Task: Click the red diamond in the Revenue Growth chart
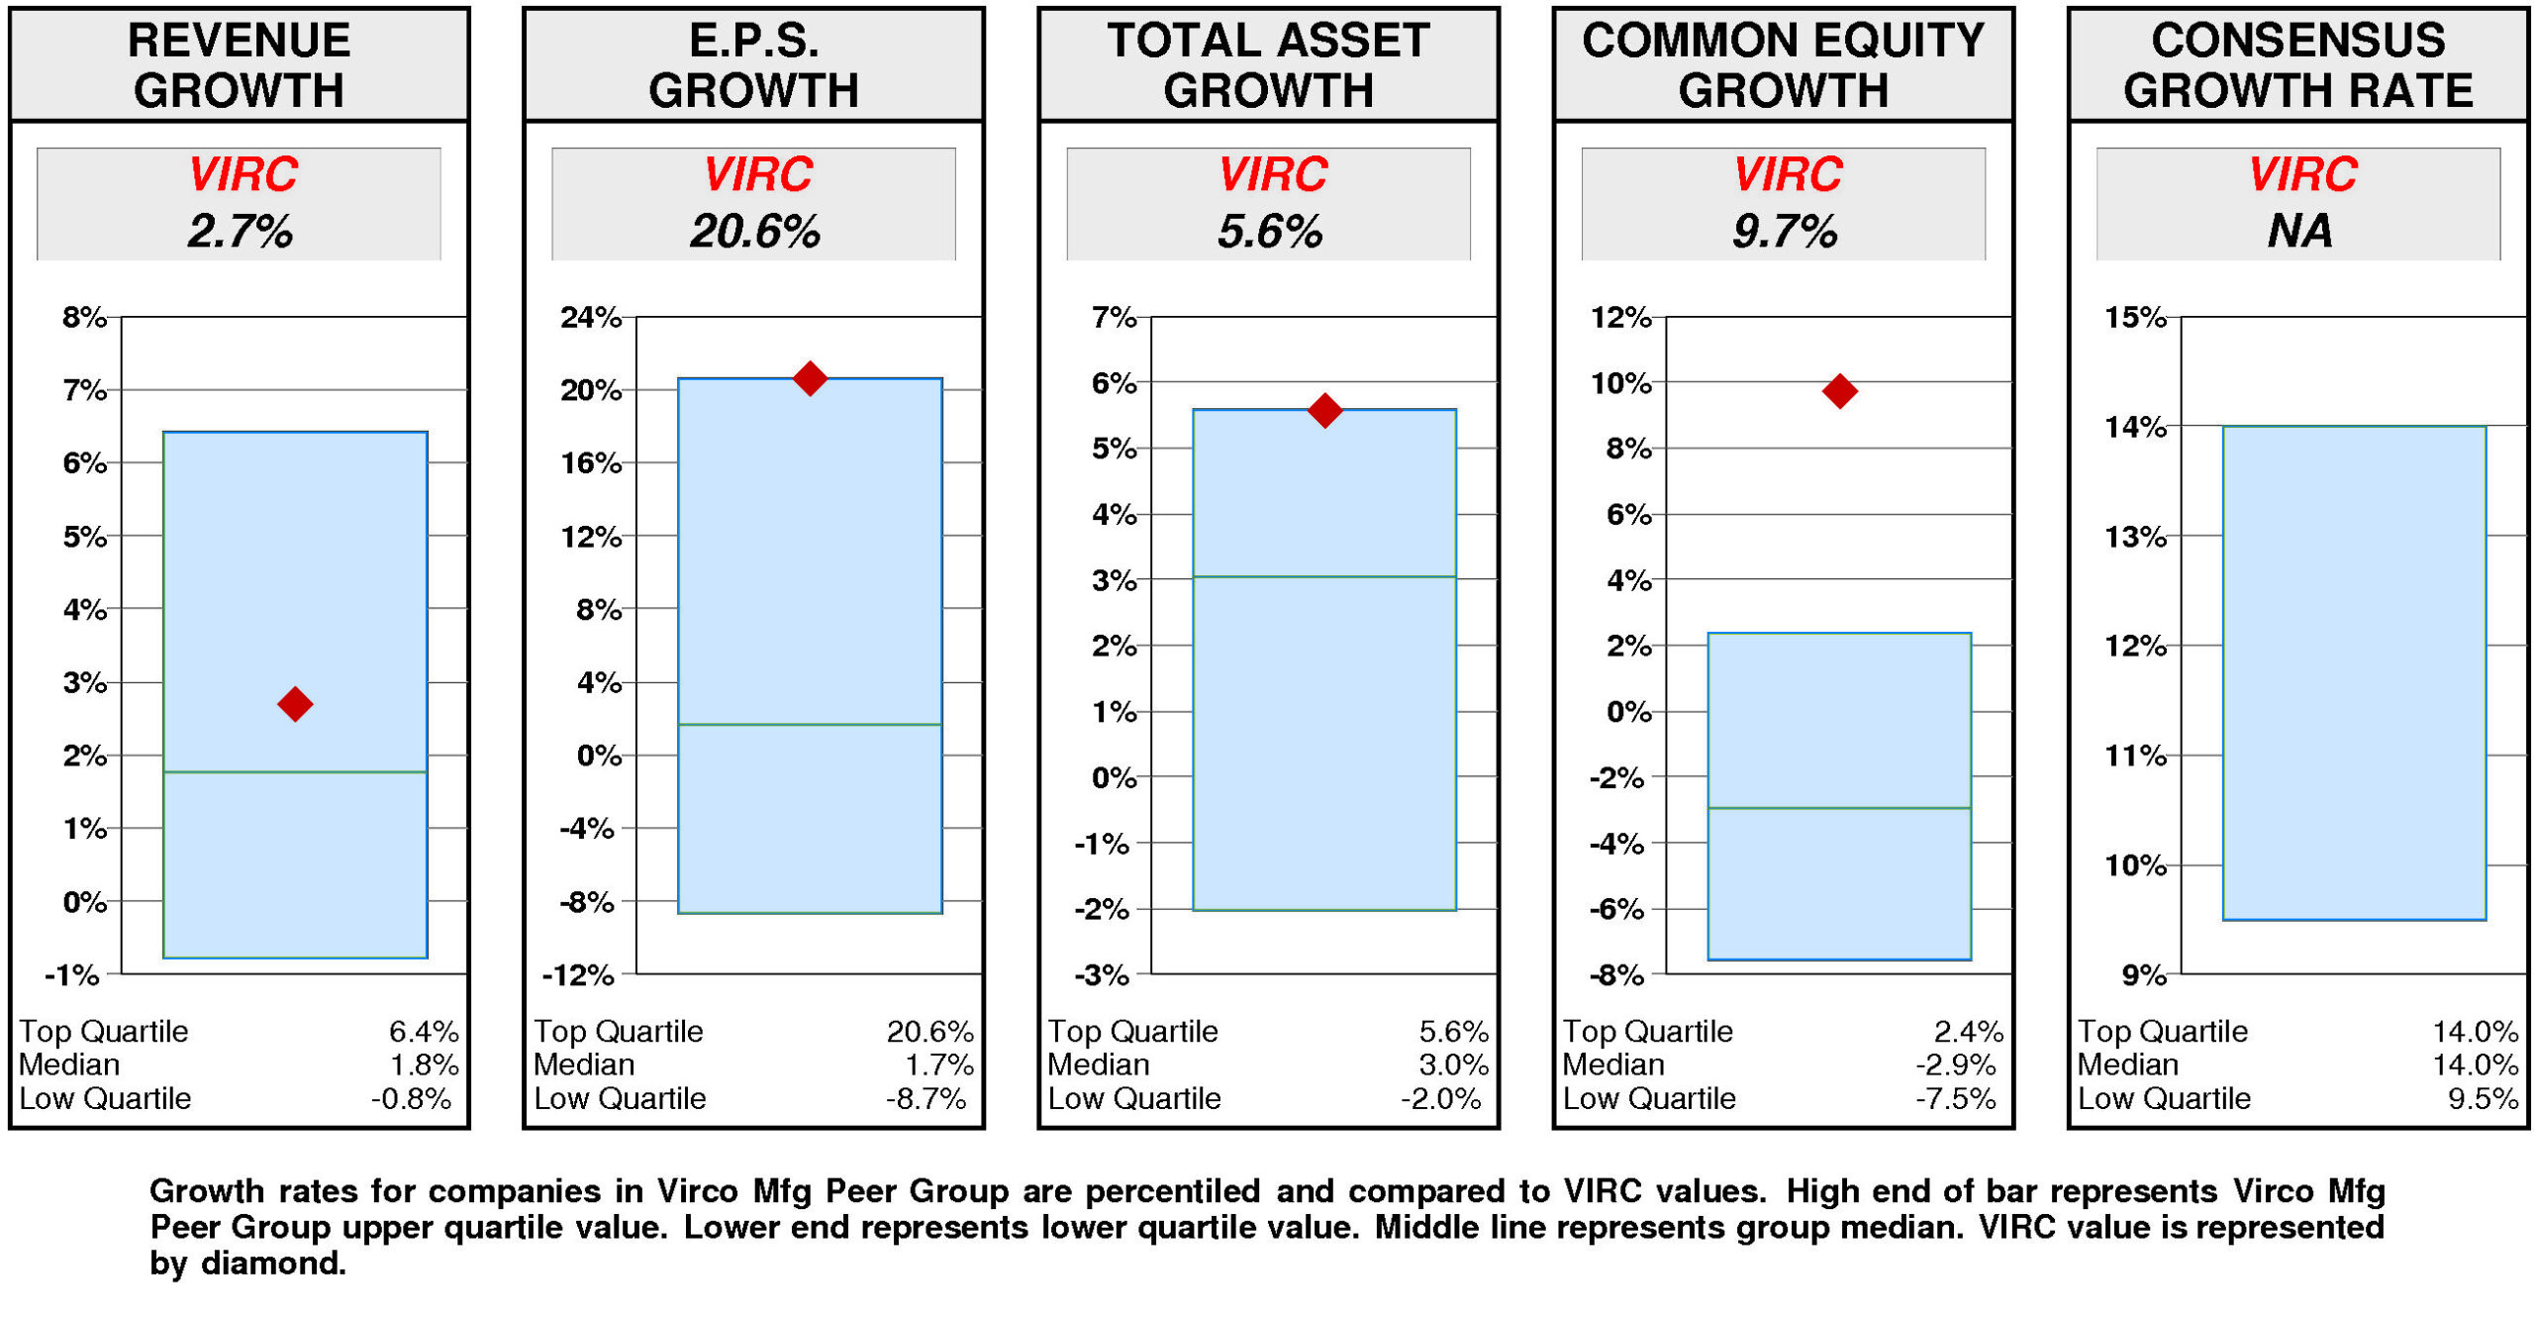295,704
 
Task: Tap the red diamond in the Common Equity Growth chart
1839,391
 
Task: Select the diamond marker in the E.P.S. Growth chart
810,378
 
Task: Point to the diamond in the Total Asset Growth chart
1324,410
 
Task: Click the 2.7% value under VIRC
241,232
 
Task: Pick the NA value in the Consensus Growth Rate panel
2299,232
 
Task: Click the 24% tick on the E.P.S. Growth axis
591,318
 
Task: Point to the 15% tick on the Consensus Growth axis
2135,318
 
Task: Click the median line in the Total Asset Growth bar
1324,577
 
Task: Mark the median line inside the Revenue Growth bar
295,772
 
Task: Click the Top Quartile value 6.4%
424,1032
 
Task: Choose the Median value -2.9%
1956,1065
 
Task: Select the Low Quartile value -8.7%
926,1098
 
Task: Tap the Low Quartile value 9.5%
2483,1098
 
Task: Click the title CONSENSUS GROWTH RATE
2297,65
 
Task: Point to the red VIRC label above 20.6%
757,174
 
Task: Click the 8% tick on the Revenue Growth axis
84,318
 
